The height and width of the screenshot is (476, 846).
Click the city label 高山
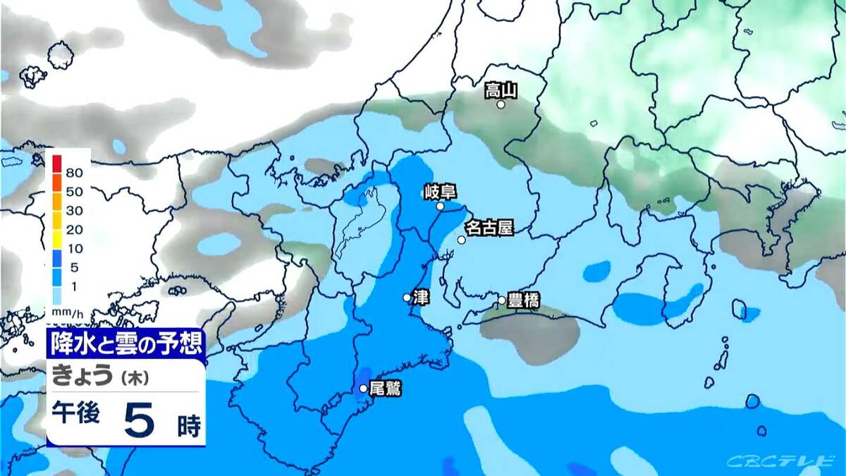coord(501,90)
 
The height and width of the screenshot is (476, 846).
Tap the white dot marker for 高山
coord(501,104)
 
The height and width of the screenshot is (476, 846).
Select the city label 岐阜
coord(439,192)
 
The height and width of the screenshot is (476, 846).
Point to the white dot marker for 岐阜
coord(440,207)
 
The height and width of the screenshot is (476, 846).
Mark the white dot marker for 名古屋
coord(461,240)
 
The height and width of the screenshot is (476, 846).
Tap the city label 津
coord(421,297)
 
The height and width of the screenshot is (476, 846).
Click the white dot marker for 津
coord(407,298)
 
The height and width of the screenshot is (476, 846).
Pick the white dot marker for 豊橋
coord(501,300)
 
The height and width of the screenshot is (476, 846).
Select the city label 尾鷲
coord(385,388)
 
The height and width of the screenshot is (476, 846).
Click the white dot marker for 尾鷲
coord(363,388)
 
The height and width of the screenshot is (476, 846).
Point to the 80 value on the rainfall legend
coord(75,172)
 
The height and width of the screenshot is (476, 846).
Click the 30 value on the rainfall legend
coord(75,210)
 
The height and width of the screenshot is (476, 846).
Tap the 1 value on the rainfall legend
coord(75,286)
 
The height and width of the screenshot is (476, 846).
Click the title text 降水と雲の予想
coord(127,343)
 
